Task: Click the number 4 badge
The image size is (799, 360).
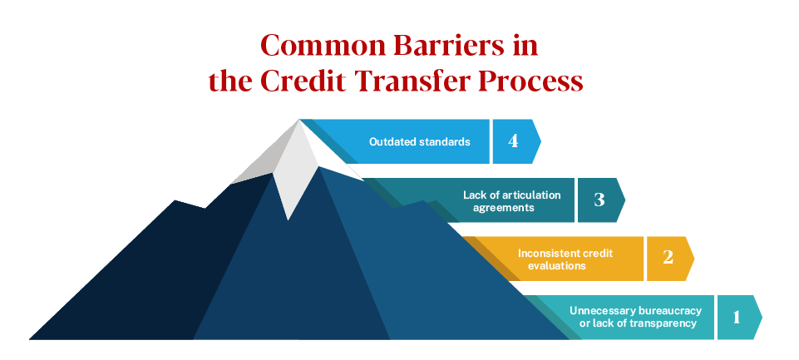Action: point(512,141)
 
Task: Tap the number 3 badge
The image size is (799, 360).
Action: point(598,200)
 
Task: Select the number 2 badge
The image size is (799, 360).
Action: point(667,258)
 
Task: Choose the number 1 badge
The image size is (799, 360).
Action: point(735,317)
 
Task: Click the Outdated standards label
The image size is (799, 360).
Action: point(420,141)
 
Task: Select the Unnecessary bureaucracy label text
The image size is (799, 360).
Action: point(635,311)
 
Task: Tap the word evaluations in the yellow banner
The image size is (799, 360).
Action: point(557,266)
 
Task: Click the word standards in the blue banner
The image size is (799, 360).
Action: point(444,141)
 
